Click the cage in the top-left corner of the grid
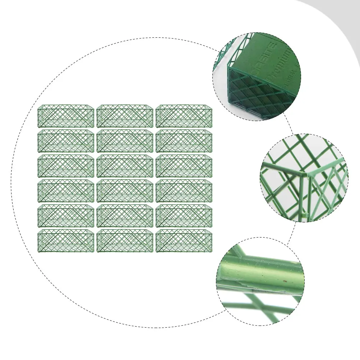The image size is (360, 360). pyautogui.click(x=66, y=116)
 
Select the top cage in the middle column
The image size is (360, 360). pyautogui.click(x=125, y=116)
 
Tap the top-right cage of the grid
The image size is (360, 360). pyautogui.click(x=184, y=116)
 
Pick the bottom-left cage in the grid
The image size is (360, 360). pyautogui.click(x=66, y=241)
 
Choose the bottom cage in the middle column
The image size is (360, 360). pyautogui.click(x=125, y=241)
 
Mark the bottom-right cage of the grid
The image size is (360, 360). pyautogui.click(x=184, y=241)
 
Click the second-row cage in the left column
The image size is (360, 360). pyautogui.click(x=66, y=141)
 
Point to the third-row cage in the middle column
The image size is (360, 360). pyautogui.click(x=125, y=166)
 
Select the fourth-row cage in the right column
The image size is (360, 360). pyautogui.click(x=184, y=191)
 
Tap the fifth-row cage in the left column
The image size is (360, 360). pyautogui.click(x=66, y=216)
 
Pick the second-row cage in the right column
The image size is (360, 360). pyautogui.click(x=184, y=141)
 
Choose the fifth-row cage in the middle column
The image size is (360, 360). pyautogui.click(x=125, y=216)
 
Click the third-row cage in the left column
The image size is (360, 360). pyautogui.click(x=66, y=166)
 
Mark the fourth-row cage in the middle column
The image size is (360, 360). pyautogui.click(x=125, y=191)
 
